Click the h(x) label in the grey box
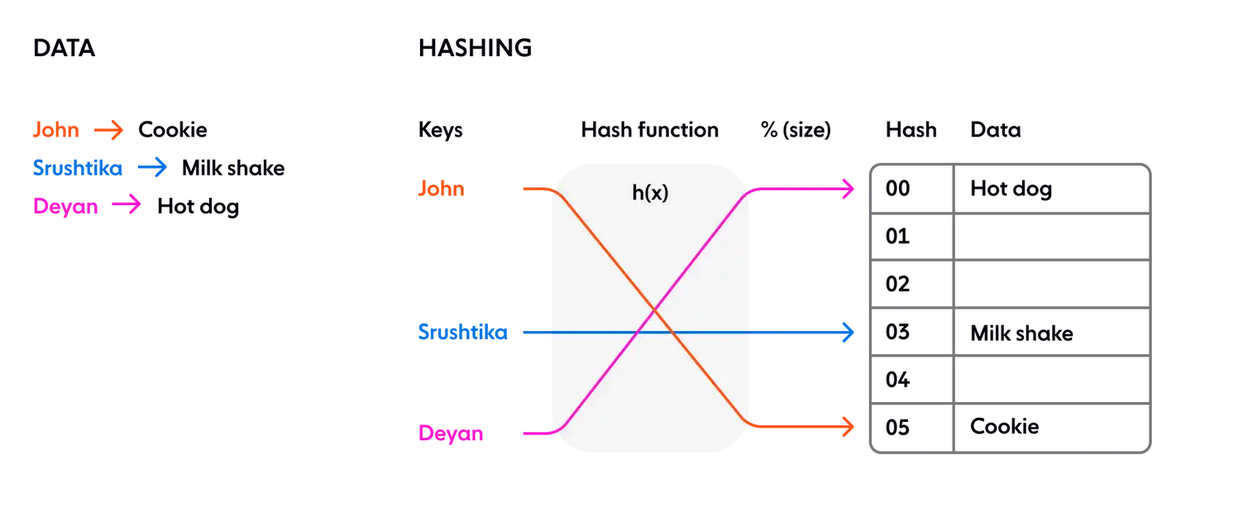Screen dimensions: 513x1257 tap(650, 194)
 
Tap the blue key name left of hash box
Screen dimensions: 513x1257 tap(462, 333)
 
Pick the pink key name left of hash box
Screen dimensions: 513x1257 tap(450, 433)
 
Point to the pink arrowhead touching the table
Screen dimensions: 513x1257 tap(848, 189)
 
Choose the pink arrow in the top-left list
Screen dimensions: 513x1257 tap(127, 205)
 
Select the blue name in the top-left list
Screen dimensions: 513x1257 tap(76, 168)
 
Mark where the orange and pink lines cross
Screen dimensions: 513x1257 tap(653, 310)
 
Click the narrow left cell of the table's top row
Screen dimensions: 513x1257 tap(911, 189)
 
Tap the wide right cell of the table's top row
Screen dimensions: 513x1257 tap(1050, 189)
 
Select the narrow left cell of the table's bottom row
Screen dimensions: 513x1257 tap(911, 428)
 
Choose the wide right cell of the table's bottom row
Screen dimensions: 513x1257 tap(1050, 428)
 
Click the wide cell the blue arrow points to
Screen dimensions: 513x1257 tap(1050, 333)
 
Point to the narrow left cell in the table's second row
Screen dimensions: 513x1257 tap(911, 237)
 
